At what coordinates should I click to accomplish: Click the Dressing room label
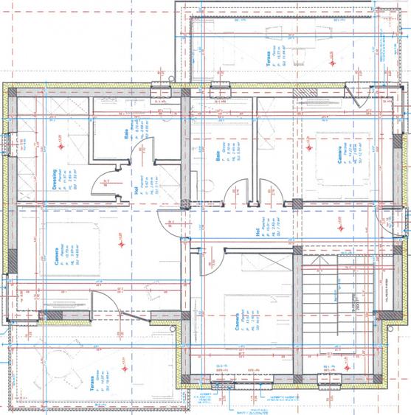[x=56, y=178]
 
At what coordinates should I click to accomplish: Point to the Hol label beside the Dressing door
[x=137, y=189]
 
